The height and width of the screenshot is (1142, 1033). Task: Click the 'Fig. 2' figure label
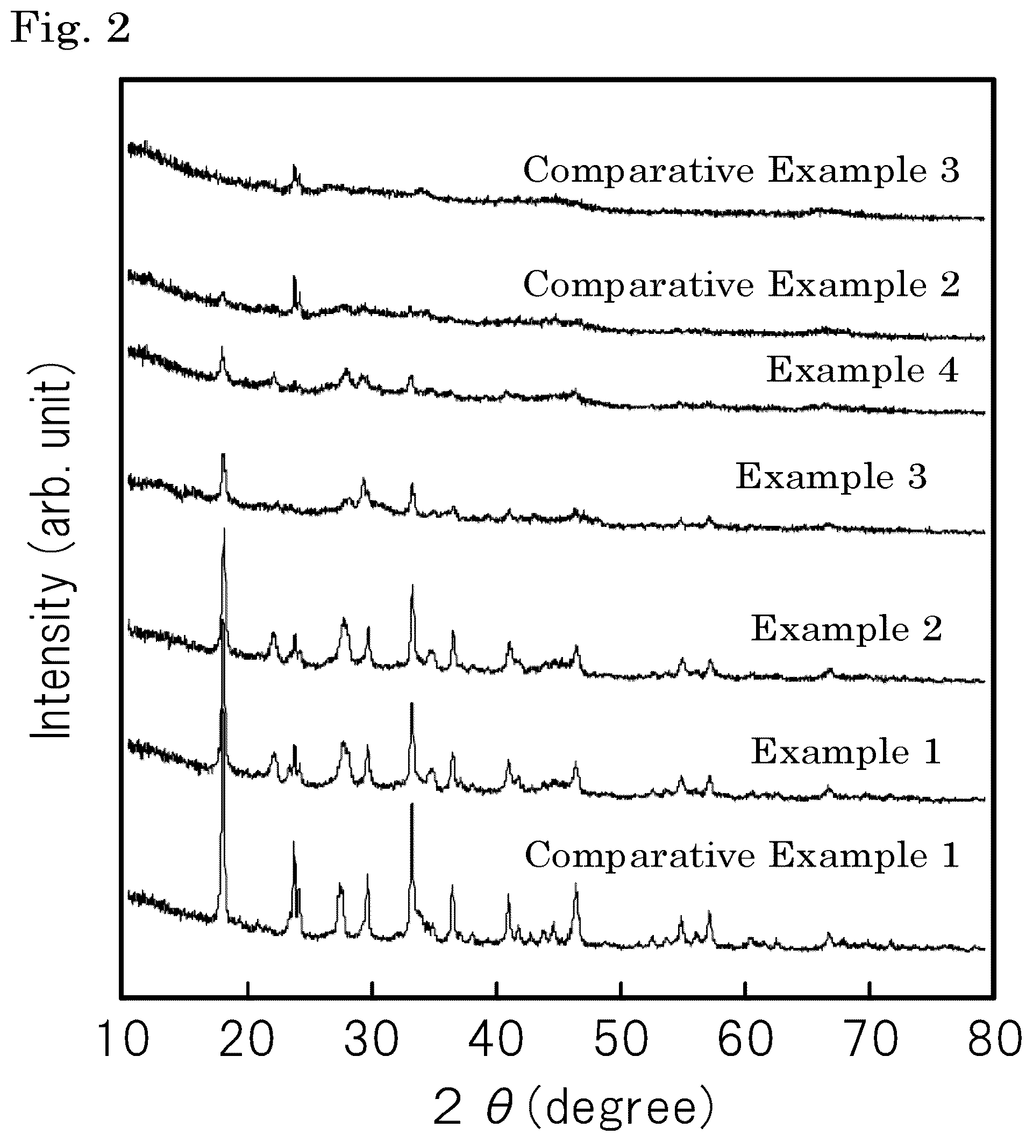[x=71, y=28]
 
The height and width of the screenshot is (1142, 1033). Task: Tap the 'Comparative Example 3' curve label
[x=741, y=169]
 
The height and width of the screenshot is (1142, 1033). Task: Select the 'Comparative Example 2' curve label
[x=741, y=284]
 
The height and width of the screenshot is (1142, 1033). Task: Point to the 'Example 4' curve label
[x=863, y=370]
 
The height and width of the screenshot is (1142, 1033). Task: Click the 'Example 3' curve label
[x=831, y=476]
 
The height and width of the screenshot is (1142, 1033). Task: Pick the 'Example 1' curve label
[x=846, y=752]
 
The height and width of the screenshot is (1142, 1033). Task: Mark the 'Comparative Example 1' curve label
[x=741, y=855]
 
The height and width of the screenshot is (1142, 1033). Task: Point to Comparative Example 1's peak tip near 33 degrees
[x=411, y=804]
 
